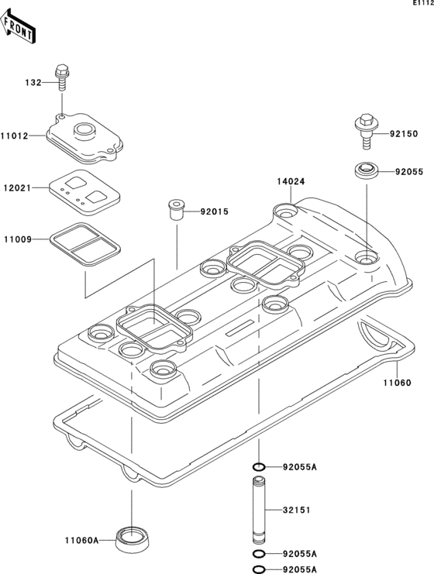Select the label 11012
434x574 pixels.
point(15,136)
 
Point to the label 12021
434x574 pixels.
point(15,188)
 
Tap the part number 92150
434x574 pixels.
point(403,134)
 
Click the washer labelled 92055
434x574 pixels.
point(366,170)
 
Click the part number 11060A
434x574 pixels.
point(81,541)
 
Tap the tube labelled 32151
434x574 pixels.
point(260,512)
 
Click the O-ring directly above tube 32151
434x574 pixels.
point(260,467)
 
